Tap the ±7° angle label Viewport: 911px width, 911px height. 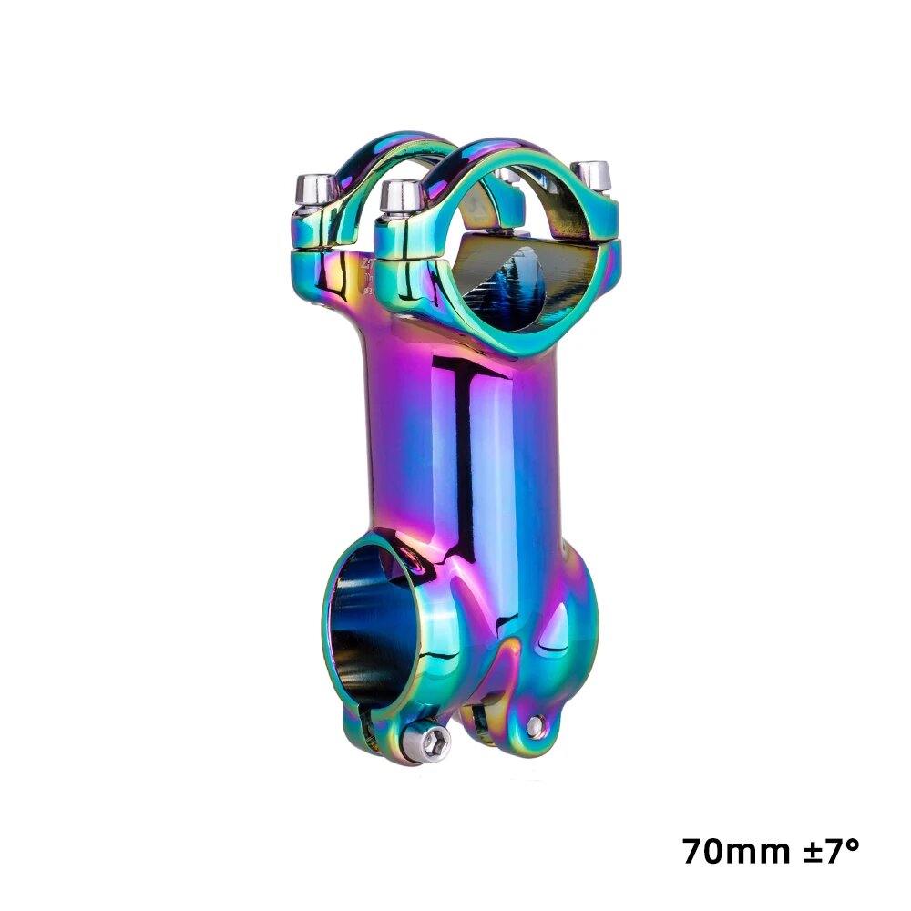(827, 852)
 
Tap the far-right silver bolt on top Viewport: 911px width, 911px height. (593, 175)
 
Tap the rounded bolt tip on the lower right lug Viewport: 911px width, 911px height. (537, 726)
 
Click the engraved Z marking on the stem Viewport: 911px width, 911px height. (367, 261)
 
